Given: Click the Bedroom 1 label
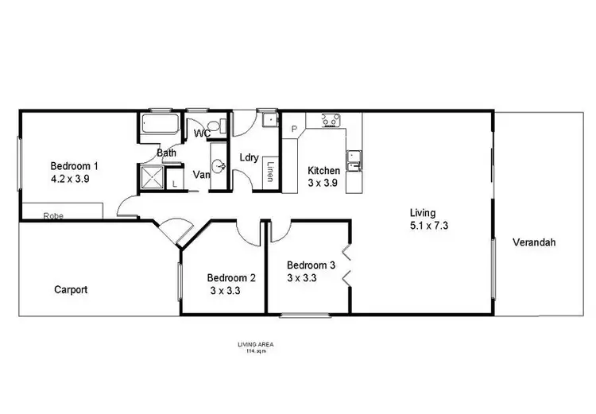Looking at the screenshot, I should pyautogui.click(x=74, y=166).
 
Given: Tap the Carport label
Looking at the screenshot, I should pyautogui.click(x=72, y=290).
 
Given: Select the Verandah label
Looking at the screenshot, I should pyautogui.click(x=534, y=242).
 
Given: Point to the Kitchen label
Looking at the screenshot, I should pyautogui.click(x=324, y=171).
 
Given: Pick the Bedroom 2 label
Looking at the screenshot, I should pyautogui.click(x=231, y=278).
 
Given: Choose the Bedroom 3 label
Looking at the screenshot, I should pyautogui.click(x=311, y=265).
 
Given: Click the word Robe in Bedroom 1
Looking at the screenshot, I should pyautogui.click(x=53, y=215).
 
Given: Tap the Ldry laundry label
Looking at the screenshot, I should pyautogui.click(x=249, y=157).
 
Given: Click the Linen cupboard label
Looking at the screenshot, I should pyautogui.click(x=271, y=172).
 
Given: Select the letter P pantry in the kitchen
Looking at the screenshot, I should pyautogui.click(x=293, y=129).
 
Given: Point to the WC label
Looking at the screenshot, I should pyautogui.click(x=202, y=133).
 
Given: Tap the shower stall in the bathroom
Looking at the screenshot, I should pyautogui.click(x=150, y=177).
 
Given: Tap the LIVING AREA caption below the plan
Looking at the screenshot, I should pyautogui.click(x=255, y=343).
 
